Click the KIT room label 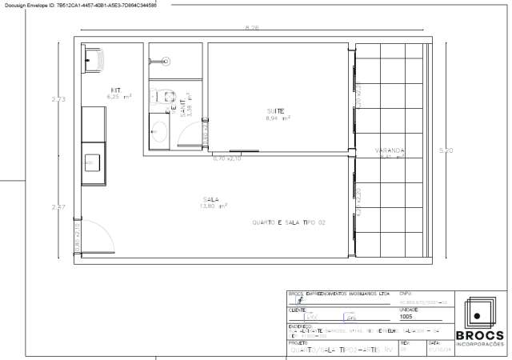(x=115, y=90)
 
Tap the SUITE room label (x=276, y=110)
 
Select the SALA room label (x=211, y=199)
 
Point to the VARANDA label (x=390, y=150)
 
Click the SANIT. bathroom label (x=183, y=109)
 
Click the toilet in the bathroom (x=167, y=97)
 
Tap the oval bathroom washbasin (x=158, y=130)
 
